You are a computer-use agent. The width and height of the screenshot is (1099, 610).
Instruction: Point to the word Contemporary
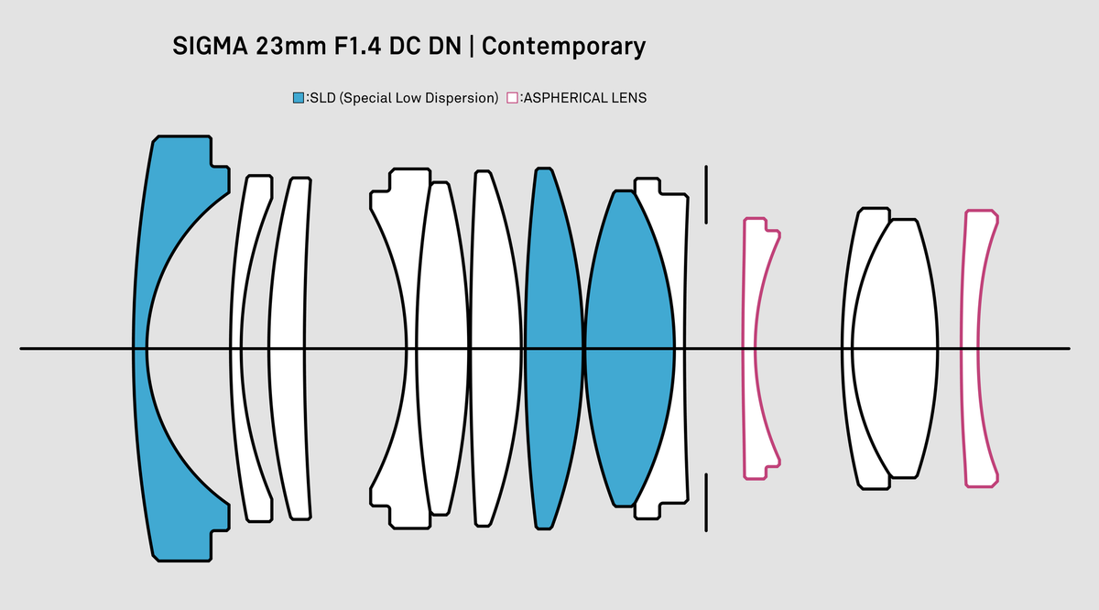[563, 47]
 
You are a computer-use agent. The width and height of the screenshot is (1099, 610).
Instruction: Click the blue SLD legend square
[298, 97]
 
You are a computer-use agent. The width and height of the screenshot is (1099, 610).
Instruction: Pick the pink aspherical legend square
[512, 97]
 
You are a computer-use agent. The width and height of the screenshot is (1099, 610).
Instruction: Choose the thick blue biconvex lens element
[629, 348]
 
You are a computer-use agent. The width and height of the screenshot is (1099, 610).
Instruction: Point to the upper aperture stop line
[705, 194]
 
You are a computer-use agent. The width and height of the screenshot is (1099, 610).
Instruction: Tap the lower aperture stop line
[705, 502]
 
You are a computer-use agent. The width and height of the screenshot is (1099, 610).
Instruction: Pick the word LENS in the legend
[630, 97]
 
